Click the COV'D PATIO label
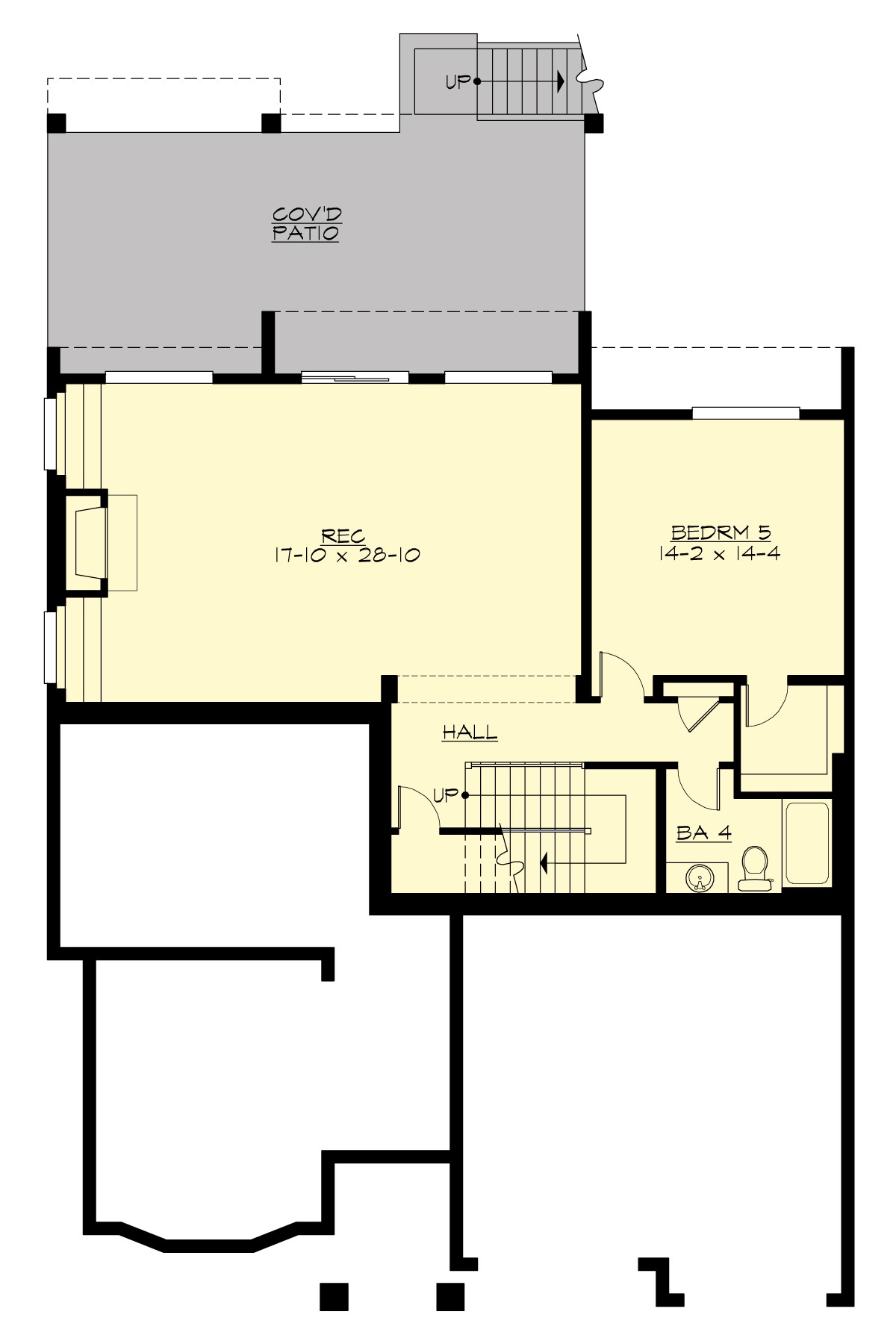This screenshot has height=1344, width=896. (x=305, y=223)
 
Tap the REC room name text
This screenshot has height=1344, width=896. (x=343, y=535)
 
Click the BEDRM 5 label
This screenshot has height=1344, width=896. (x=720, y=532)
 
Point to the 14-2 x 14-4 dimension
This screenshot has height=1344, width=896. (x=720, y=553)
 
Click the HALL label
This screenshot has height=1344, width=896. (x=470, y=732)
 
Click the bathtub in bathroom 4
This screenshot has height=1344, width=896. (x=806, y=843)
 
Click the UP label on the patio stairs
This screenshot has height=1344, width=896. (x=458, y=82)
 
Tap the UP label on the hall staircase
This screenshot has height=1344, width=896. (x=445, y=795)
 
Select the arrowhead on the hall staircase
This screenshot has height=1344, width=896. (x=544, y=864)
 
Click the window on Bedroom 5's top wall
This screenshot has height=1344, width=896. (x=745, y=412)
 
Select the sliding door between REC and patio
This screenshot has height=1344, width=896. (x=355, y=378)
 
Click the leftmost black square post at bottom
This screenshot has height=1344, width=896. (x=335, y=1297)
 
